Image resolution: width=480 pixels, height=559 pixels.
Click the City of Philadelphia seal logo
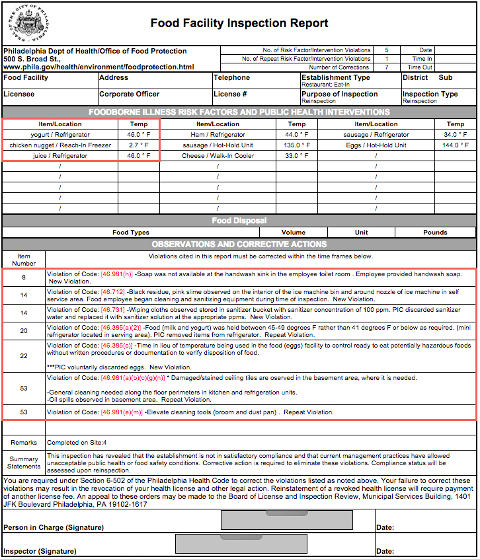27,23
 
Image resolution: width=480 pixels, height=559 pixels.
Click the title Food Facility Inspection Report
239,24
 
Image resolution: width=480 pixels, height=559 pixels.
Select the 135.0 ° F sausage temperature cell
297,145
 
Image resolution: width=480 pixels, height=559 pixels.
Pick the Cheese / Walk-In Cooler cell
218,156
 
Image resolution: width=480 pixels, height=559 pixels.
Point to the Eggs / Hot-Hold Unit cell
376,145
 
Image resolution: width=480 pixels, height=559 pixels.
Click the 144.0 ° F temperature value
456,145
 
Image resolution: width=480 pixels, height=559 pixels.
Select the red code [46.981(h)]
116,274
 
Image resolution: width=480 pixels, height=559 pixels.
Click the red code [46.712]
112,291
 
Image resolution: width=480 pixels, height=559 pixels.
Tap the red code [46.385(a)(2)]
121,327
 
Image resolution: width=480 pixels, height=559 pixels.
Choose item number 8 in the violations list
24,278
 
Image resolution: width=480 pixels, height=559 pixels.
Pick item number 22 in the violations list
24,356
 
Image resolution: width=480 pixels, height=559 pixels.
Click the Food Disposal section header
239,221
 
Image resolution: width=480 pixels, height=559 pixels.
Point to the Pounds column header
436,233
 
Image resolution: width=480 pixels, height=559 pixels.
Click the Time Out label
420,67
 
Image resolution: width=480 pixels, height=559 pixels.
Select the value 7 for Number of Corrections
386,67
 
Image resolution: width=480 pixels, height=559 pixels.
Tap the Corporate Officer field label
130,94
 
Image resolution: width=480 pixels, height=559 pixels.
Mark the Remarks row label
24,443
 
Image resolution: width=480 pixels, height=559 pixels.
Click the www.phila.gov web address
99,67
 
